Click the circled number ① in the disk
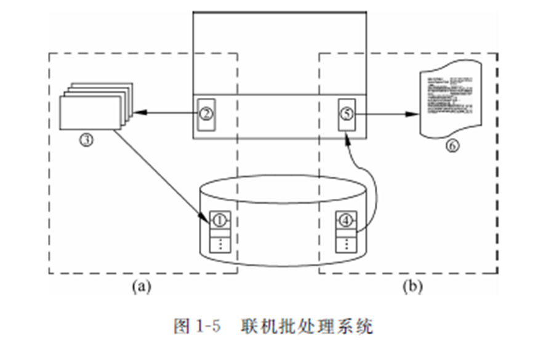220,218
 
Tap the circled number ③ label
86,140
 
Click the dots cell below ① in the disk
220,244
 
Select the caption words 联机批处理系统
308,326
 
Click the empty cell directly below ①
220,231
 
